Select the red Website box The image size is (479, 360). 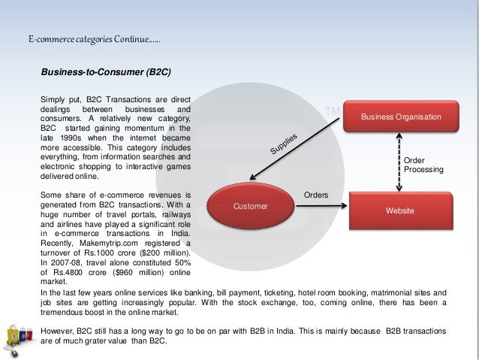(399, 211)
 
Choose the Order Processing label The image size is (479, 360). (423, 165)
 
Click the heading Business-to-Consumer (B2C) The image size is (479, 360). (106, 73)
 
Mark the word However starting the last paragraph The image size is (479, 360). (59, 331)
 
